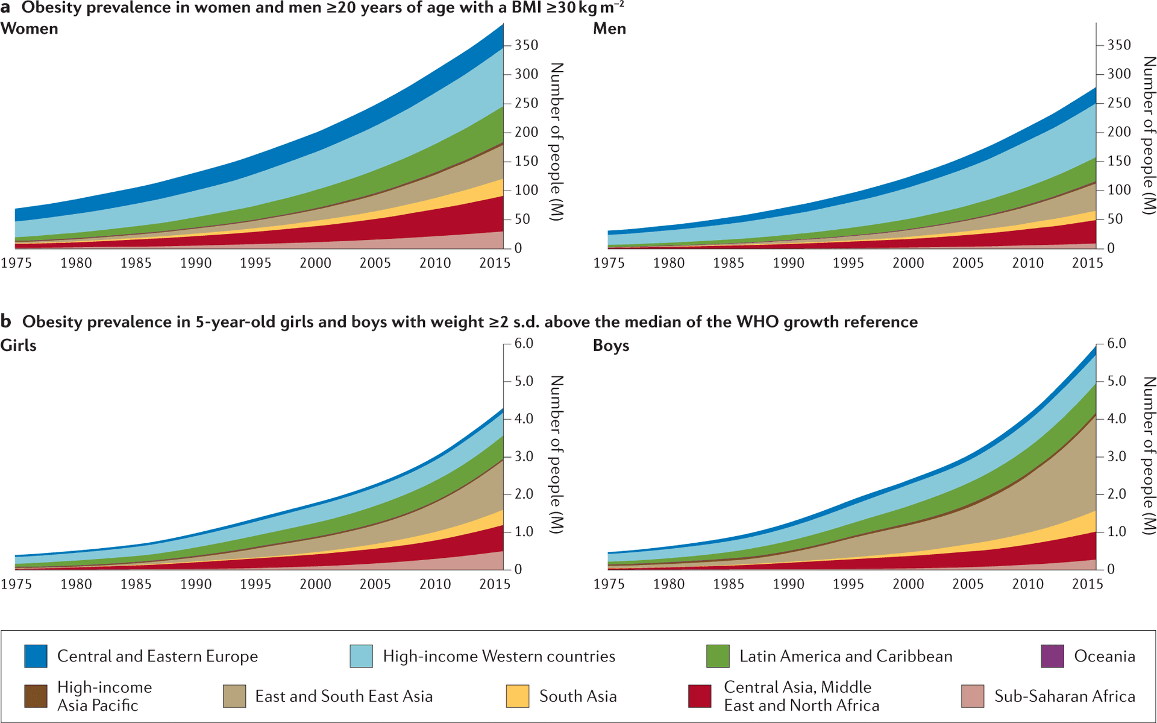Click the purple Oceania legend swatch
pos(1052,656)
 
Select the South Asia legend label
pos(577,696)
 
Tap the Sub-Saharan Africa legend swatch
pos(973,696)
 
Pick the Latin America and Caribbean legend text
pos(845,656)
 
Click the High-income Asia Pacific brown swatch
pos(36,696)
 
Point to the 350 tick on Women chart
pos(526,45)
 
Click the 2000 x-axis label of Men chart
pos(908,263)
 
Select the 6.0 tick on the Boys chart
pos(1116,343)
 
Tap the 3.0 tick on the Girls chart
pos(523,456)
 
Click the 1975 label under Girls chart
pos(16,584)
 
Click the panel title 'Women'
pos(29,28)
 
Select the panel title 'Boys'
pos(610,346)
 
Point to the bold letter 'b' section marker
pos(6,321)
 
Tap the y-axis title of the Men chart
pos(1149,136)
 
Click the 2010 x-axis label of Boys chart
pos(1027,584)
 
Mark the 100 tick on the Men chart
pos(1118,190)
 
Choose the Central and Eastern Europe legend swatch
pos(36,656)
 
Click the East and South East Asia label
pos(343,696)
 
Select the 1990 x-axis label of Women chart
pos(196,263)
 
